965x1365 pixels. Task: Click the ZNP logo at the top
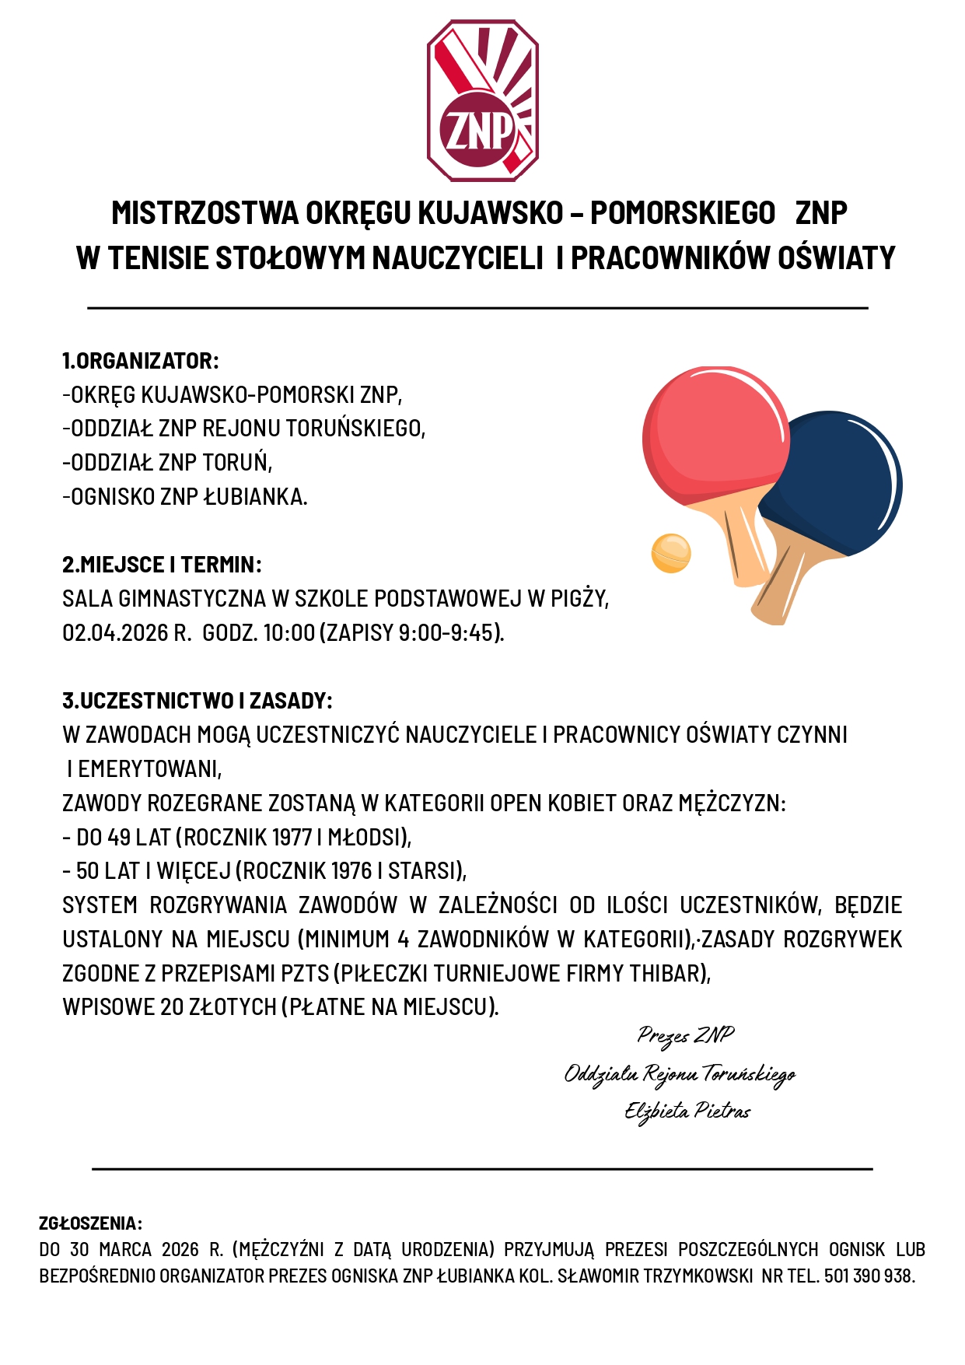[482, 101]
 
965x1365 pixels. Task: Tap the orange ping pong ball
[670, 553]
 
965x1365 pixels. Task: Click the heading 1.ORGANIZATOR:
[141, 361]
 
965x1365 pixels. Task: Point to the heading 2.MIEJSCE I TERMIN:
[162, 565]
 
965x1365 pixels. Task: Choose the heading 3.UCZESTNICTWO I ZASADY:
[198, 701]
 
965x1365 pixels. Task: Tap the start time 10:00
[288, 633]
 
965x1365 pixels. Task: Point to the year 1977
[289, 838]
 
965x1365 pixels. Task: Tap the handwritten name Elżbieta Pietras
[687, 1111]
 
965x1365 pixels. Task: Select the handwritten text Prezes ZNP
[685, 1035]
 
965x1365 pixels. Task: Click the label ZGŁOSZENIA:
[90, 1223]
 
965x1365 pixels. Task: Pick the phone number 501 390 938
[867, 1276]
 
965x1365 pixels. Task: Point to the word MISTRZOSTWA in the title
[205, 213]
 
